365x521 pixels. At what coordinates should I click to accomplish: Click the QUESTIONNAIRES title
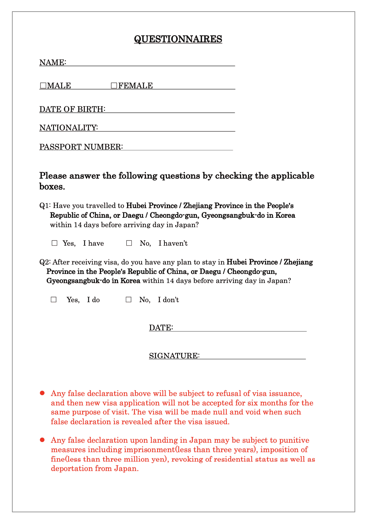[x=178, y=39]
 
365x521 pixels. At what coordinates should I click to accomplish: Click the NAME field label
[x=53, y=62]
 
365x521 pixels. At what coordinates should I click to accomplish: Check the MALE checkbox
[x=43, y=86]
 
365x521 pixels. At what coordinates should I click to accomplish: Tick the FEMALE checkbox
[x=114, y=86]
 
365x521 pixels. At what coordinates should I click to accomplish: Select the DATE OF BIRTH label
[x=72, y=109]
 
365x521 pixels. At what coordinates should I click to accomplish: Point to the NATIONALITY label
[x=68, y=128]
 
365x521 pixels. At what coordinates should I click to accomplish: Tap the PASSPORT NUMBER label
[x=81, y=147]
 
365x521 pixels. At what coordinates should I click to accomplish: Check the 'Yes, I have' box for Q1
[x=55, y=243]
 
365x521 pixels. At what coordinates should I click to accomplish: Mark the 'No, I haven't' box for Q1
[x=129, y=243]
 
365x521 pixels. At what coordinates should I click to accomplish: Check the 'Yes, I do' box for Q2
[x=54, y=300]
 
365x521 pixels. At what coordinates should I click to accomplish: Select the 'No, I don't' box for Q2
[x=129, y=300]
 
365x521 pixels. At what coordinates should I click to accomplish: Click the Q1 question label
[x=45, y=206]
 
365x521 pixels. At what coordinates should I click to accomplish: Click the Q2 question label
[x=45, y=262]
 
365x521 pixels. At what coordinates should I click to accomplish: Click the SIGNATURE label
[x=174, y=356]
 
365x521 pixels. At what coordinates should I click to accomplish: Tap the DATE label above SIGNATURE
[x=161, y=328]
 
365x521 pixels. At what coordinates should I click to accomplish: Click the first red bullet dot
[x=42, y=393]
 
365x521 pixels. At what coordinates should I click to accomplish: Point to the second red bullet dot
[x=42, y=440]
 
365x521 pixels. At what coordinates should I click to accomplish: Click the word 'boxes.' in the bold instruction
[x=52, y=187]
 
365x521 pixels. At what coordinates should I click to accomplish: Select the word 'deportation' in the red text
[x=72, y=468]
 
